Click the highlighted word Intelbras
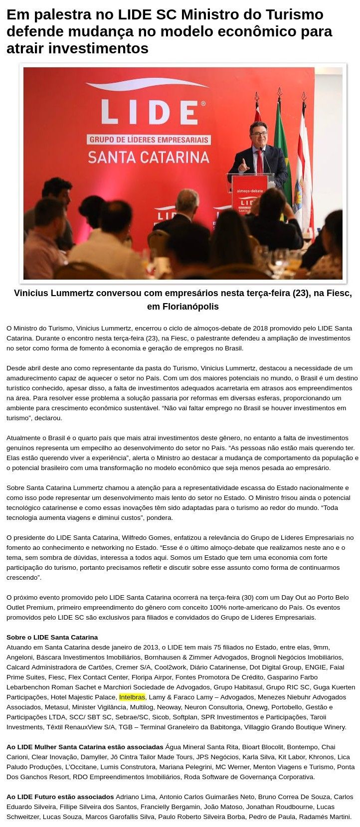pyautogui.click(x=132, y=697)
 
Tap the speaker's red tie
pyautogui.click(x=259, y=161)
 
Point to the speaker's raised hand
pyautogui.click(x=243, y=165)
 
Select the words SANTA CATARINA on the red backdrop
pyautogui.click(x=149, y=158)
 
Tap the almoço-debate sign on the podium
pyautogui.click(x=249, y=190)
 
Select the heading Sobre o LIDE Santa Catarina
pyautogui.click(x=52, y=637)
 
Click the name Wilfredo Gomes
pyautogui.click(x=148, y=537)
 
